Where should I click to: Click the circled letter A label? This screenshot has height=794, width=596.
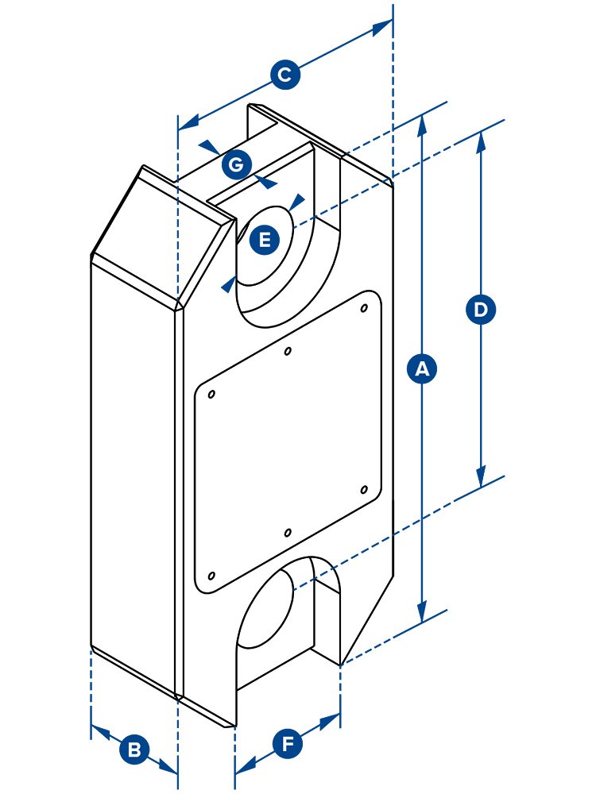422,369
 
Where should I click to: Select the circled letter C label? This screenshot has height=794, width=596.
284,75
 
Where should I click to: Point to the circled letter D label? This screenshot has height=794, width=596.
480,309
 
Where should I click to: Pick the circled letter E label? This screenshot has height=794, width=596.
265,239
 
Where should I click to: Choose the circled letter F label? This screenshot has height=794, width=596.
288,744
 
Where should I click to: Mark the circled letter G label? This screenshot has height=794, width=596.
235,165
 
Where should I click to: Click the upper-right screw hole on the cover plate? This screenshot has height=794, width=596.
364,307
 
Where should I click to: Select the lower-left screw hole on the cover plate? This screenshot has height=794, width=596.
211,575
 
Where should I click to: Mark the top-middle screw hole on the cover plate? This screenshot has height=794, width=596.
288,350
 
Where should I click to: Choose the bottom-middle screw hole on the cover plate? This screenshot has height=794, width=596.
288,532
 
